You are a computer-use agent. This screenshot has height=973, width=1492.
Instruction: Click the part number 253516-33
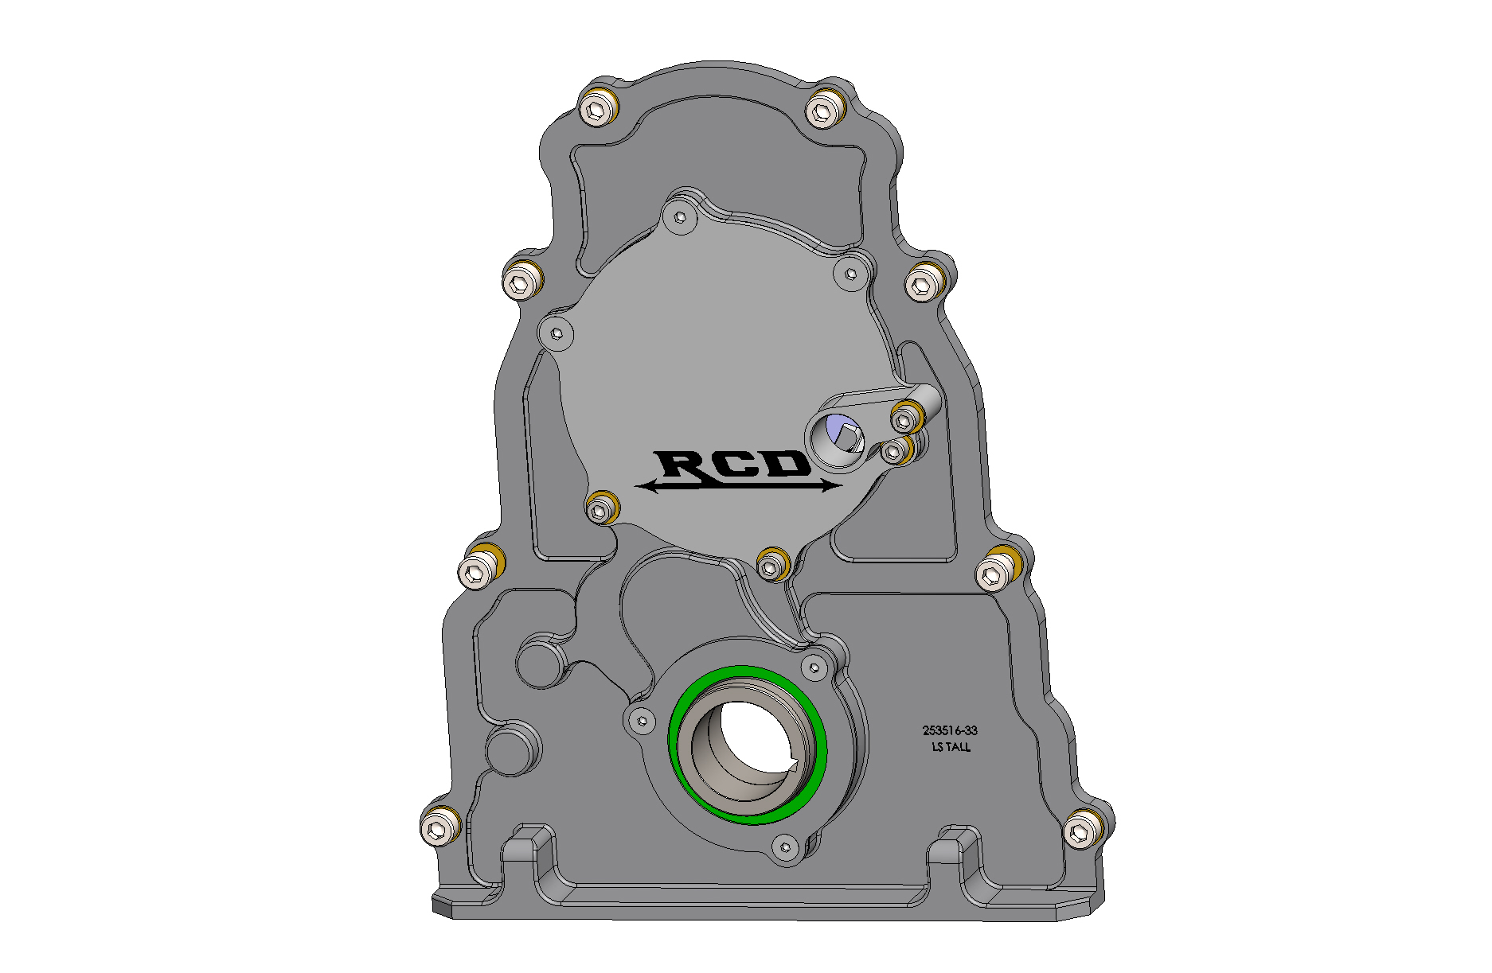[950, 730]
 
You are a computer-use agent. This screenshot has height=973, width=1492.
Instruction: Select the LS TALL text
[951, 748]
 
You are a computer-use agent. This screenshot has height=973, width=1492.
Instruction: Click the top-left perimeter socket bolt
[595, 109]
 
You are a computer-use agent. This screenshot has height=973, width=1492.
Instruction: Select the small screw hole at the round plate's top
[680, 216]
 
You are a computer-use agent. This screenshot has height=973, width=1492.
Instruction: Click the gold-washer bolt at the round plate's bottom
[770, 566]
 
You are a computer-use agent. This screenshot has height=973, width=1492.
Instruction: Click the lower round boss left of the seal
[510, 749]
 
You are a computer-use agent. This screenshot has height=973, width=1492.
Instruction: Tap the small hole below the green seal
[785, 847]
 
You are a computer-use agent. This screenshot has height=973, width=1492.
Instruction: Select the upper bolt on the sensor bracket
[904, 418]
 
